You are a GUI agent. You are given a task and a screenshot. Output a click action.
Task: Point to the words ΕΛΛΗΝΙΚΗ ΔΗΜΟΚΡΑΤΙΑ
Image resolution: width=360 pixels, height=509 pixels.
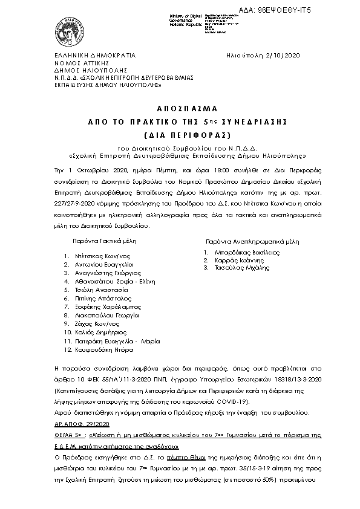[96, 55]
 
